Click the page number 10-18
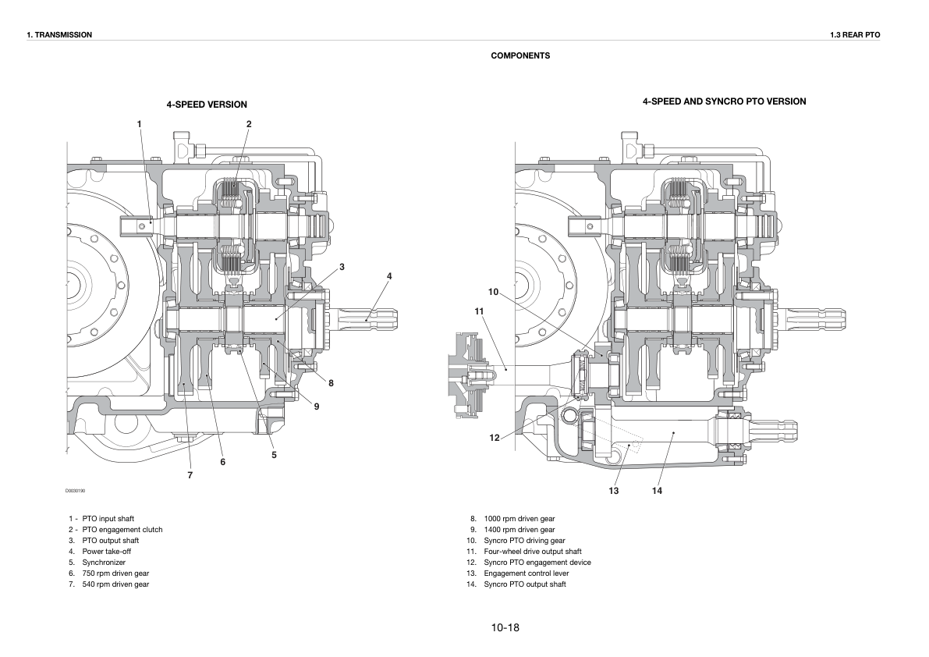pyautogui.click(x=505, y=627)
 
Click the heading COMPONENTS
pyautogui.click(x=520, y=55)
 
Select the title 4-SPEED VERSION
pyautogui.click(x=207, y=105)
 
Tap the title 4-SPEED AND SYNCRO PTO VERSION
pyautogui.click(x=724, y=101)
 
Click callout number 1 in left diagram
pyautogui.click(x=139, y=124)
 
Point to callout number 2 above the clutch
pyautogui.click(x=249, y=124)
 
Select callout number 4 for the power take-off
pyautogui.click(x=389, y=276)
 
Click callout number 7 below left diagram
pyautogui.click(x=190, y=475)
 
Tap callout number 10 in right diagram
pyautogui.click(x=494, y=292)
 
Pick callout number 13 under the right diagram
pyautogui.click(x=613, y=491)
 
